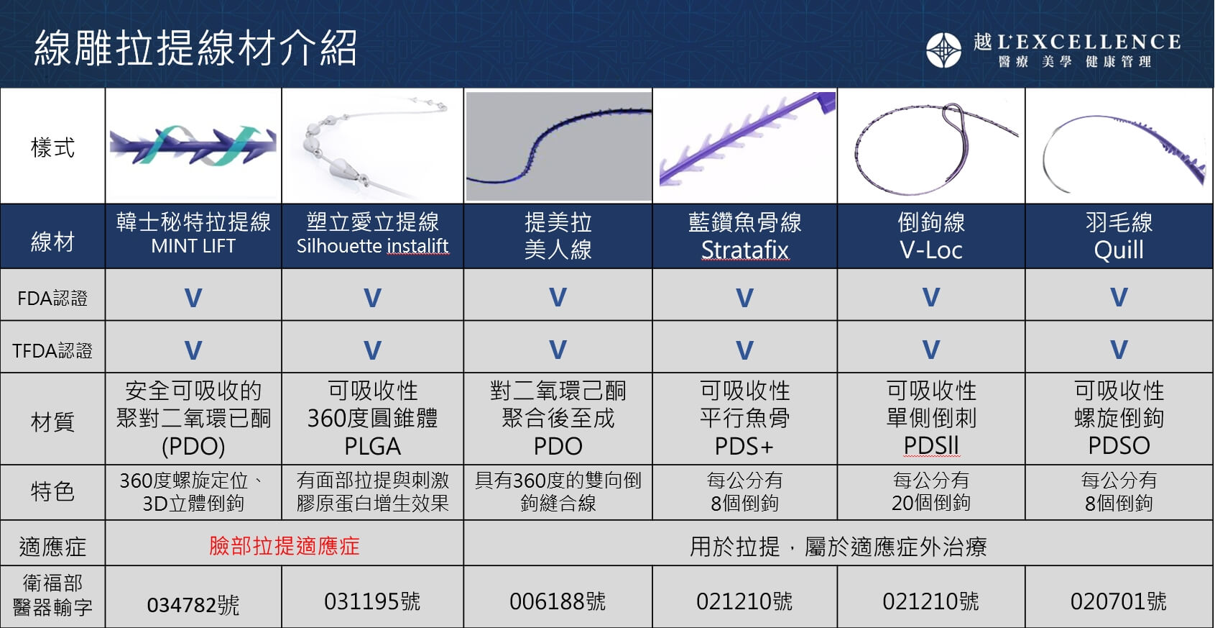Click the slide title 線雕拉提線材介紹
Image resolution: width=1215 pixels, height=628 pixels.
[x=195, y=47]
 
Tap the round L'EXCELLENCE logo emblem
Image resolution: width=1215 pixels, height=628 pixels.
[x=944, y=50]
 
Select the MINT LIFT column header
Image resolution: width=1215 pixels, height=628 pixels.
[x=193, y=235]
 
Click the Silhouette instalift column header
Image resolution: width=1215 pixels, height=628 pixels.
[x=373, y=235]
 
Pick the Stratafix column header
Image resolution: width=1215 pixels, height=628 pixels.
[x=744, y=237]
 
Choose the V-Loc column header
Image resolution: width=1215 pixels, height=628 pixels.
[x=930, y=237]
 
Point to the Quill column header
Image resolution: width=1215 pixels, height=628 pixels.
[x=1119, y=237]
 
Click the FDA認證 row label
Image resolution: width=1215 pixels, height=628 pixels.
[x=52, y=298]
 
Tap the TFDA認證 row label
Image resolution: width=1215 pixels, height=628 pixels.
[x=52, y=350]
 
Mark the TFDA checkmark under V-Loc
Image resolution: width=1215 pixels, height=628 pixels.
[x=930, y=350]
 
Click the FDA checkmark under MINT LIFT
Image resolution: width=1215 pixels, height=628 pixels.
[x=193, y=298]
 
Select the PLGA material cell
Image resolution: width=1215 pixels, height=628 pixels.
[x=373, y=418]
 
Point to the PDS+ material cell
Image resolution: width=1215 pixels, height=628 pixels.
[x=744, y=418]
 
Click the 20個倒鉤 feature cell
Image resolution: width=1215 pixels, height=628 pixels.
[x=930, y=491]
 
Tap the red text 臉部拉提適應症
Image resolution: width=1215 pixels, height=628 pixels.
[x=285, y=545]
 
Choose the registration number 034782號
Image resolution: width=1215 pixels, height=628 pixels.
[x=193, y=605]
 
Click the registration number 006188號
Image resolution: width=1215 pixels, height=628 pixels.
[x=558, y=601]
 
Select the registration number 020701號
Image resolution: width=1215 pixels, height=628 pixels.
[x=1119, y=601]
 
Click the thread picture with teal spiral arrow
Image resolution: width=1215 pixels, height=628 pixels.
[x=193, y=145]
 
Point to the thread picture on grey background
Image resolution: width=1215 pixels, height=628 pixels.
[x=559, y=146]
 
